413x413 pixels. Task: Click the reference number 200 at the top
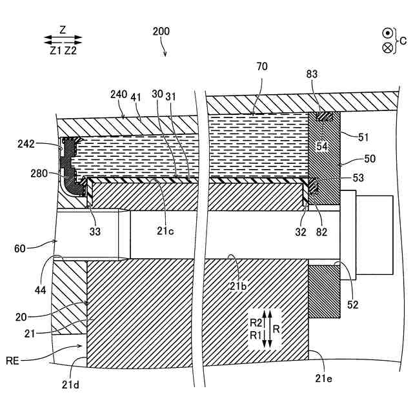click(162, 31)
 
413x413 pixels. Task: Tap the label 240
click(119, 94)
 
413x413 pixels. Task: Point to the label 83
click(313, 76)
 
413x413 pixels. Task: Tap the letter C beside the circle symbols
click(403, 41)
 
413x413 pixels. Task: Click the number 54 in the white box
click(323, 146)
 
